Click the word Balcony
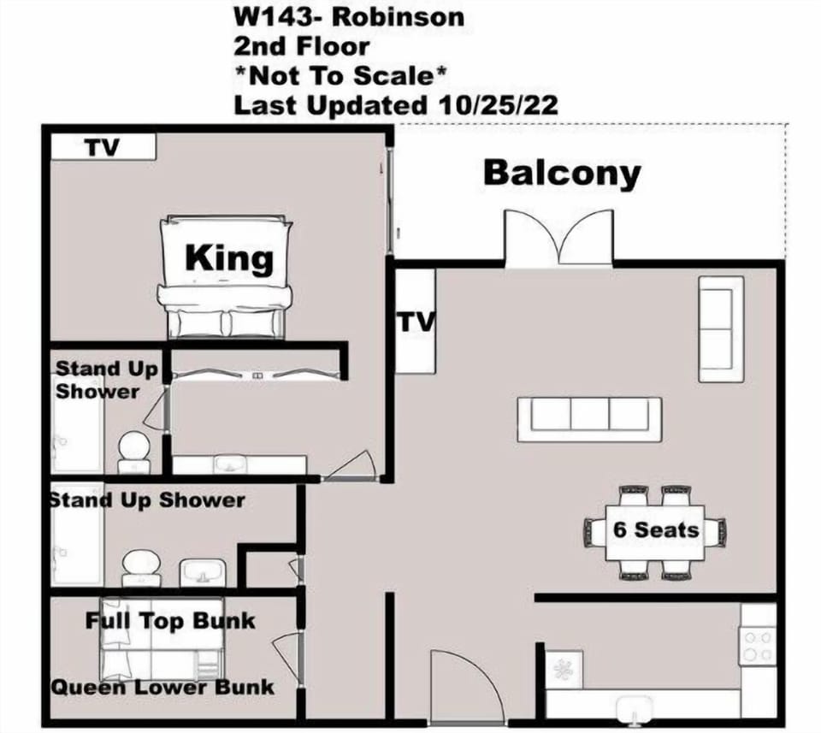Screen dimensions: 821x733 [x=562, y=174]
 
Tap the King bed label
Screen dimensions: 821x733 [x=229, y=258]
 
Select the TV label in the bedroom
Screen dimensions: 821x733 [x=103, y=147]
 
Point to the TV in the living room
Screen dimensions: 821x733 [x=416, y=322]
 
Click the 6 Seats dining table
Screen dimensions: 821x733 [x=655, y=533]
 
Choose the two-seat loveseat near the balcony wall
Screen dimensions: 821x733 [x=722, y=328]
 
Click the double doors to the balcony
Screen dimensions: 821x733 [x=558, y=239]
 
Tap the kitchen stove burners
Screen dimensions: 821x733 [x=758, y=646]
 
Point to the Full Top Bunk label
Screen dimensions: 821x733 [x=170, y=621]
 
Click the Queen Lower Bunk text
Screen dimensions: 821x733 [x=162, y=687]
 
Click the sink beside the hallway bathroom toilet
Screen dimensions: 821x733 [x=203, y=573]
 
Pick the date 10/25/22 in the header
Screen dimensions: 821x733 [x=498, y=105]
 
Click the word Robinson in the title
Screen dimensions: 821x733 [x=399, y=17]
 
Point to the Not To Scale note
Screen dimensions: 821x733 [x=340, y=76]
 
